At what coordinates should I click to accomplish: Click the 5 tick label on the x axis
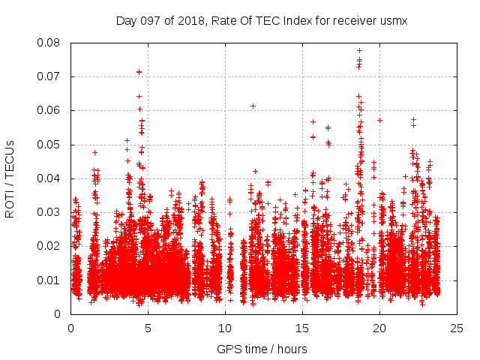click(148, 328)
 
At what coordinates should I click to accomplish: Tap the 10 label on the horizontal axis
click(225, 328)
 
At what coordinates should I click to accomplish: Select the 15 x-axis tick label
click(302, 328)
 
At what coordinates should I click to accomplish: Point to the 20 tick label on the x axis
click(379, 328)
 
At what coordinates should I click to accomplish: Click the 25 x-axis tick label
click(457, 328)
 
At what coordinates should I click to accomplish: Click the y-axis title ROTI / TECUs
click(10, 178)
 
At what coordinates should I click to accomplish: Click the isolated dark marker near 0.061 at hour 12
click(253, 106)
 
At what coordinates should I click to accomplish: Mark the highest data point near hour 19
click(359, 51)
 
